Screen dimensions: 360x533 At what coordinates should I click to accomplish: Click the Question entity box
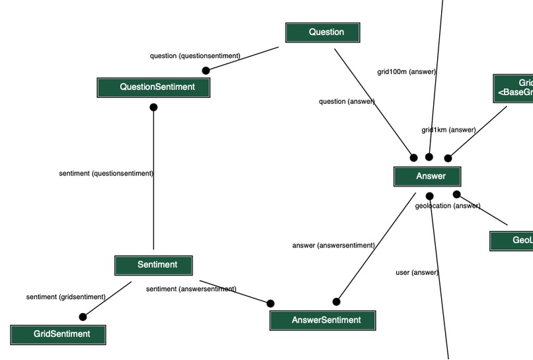click(323, 32)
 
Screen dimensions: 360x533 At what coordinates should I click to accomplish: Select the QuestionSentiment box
click(153, 87)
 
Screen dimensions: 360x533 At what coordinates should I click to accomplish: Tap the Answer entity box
click(427, 177)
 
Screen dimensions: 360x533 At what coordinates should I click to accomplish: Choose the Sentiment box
click(153, 265)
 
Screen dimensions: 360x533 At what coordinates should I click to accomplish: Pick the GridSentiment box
click(58, 334)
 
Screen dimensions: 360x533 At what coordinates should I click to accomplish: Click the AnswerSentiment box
click(323, 320)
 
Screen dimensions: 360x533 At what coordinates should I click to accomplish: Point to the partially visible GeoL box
click(512, 241)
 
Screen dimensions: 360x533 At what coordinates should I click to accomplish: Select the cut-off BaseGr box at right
click(514, 88)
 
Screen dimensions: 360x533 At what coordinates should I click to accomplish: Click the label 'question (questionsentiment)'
click(195, 56)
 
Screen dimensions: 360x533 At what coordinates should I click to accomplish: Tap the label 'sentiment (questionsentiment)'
click(106, 173)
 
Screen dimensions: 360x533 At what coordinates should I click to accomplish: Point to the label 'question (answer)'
click(347, 101)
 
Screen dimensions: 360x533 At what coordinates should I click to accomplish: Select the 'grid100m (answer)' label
click(406, 71)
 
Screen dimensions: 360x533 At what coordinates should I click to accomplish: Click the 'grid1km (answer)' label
click(448, 130)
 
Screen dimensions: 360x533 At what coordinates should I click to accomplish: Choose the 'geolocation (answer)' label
click(448, 206)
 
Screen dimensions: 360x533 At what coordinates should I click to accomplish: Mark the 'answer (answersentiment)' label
click(333, 246)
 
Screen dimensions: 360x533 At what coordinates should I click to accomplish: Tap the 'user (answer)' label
click(417, 273)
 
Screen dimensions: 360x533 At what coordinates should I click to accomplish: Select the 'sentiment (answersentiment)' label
click(191, 289)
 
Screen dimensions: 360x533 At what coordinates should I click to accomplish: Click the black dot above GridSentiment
click(83, 317)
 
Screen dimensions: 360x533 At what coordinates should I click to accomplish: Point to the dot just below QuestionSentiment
click(153, 107)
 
